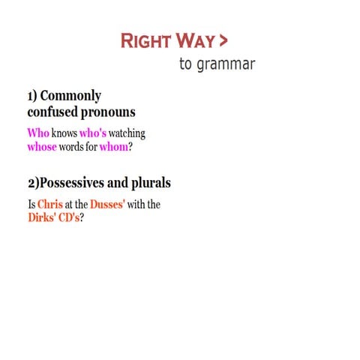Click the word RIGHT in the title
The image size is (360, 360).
[145, 40]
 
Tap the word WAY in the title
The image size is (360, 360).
[194, 40]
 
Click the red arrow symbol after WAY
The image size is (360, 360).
[223, 40]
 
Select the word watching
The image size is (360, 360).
[127, 133]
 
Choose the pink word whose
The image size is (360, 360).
[41, 146]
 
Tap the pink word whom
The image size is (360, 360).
[112, 146]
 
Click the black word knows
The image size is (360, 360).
[64, 133]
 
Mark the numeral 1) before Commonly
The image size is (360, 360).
[31, 97]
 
